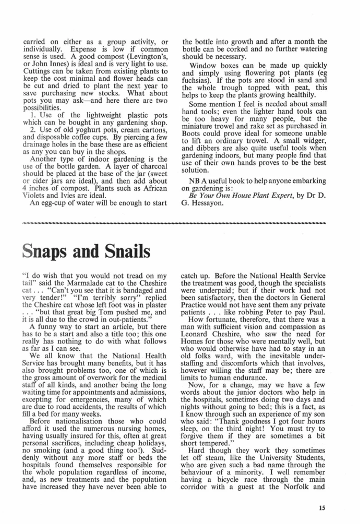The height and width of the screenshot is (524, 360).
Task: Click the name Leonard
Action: tap(199, 352)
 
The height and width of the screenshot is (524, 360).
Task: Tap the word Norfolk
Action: tap(304, 487)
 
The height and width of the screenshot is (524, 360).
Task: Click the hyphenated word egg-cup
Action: tap(50, 203)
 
